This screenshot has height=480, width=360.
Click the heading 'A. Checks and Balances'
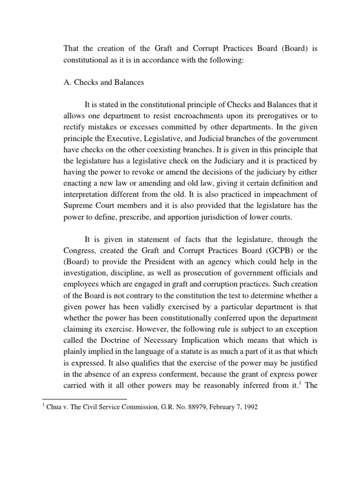[104, 82]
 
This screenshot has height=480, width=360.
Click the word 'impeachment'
[274, 206]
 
